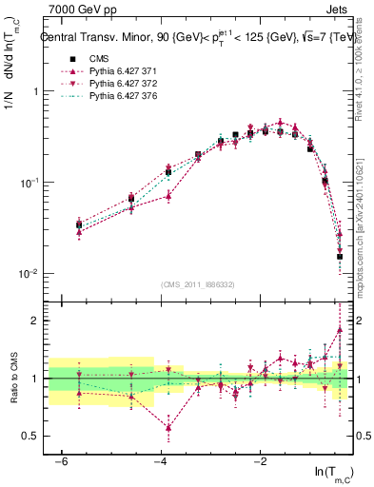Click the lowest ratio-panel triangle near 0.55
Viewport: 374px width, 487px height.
(168, 428)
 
